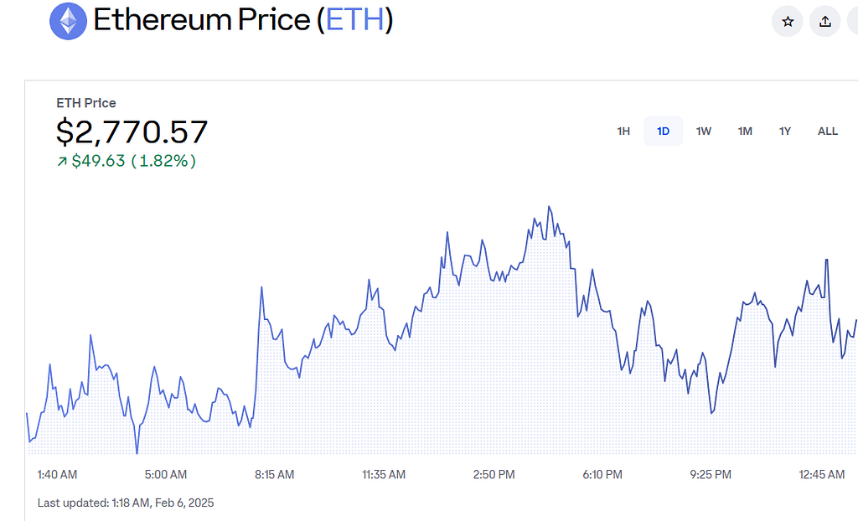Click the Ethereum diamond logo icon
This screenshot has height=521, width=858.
(x=68, y=21)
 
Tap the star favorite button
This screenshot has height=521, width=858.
(x=787, y=22)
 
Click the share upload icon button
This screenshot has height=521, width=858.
(x=825, y=22)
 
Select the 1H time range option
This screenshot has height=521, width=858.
(x=623, y=132)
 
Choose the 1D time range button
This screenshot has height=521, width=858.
(x=663, y=132)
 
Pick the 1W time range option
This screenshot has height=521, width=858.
(x=704, y=132)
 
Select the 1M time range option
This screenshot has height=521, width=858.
(x=745, y=132)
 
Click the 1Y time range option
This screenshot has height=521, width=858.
(x=785, y=132)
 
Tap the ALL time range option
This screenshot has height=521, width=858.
(x=827, y=132)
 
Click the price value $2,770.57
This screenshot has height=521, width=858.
(x=132, y=132)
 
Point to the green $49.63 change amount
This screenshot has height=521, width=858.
(x=98, y=161)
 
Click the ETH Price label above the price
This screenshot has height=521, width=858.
(x=86, y=103)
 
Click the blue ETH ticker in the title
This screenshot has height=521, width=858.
(x=354, y=20)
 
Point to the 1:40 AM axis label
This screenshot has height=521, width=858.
(x=57, y=475)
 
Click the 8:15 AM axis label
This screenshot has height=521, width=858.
(x=275, y=475)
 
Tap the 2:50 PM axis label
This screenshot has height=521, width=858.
(x=494, y=475)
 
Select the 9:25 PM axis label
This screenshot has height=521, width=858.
(x=711, y=475)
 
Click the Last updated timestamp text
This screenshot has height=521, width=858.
(x=126, y=503)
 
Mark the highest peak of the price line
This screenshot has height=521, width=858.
(x=549, y=206)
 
